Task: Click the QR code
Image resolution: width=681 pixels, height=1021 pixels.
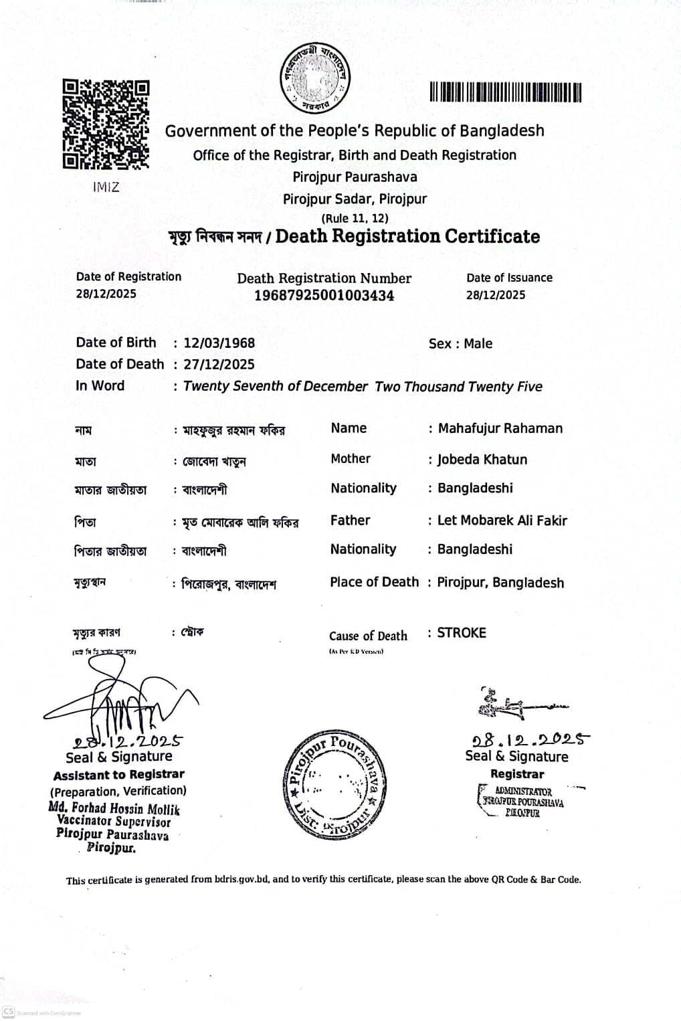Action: tap(106, 124)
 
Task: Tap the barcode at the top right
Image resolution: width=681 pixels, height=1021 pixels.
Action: tap(505, 92)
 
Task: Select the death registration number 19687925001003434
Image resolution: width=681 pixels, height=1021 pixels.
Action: tap(324, 295)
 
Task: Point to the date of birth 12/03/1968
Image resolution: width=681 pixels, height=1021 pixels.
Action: tap(219, 343)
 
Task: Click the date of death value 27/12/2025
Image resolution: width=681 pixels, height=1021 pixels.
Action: tap(219, 365)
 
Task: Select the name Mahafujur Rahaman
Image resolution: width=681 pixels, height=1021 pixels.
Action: tap(500, 429)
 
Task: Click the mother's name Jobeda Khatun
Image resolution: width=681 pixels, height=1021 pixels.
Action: tap(482, 460)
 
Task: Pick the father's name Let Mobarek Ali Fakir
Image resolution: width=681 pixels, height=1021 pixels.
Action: tap(502, 521)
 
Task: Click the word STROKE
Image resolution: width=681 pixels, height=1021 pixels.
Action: tap(462, 633)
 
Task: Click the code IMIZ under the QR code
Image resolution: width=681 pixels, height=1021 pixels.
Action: tap(106, 187)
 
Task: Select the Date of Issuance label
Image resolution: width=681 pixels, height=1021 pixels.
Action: tap(509, 278)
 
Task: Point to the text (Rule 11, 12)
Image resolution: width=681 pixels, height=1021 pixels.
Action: tap(355, 218)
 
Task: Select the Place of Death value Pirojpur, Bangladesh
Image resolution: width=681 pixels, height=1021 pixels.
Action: tap(500, 583)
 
